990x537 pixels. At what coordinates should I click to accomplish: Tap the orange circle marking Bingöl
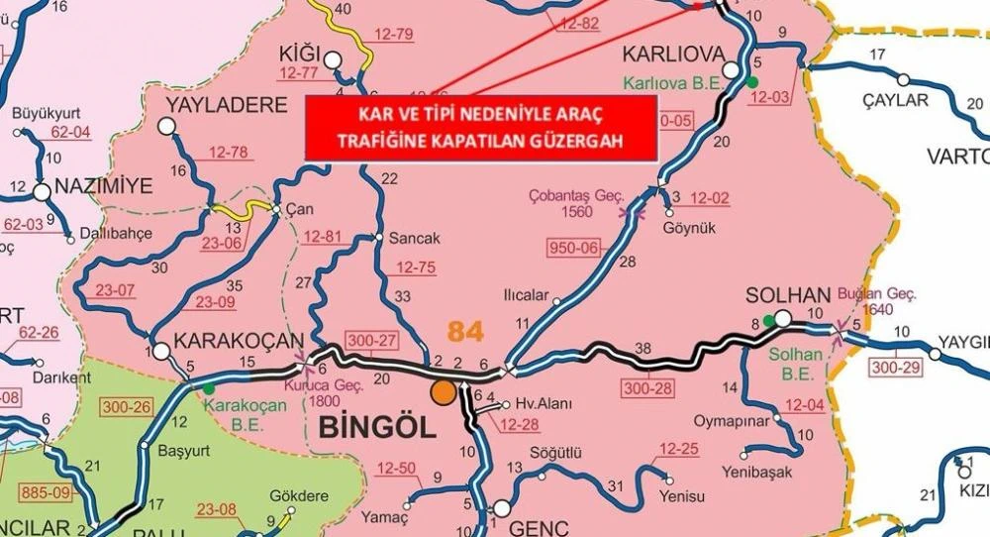pyautogui.click(x=444, y=391)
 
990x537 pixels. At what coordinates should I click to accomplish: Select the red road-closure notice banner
pyautogui.click(x=481, y=129)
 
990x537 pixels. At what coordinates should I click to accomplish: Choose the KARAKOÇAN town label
pyautogui.click(x=234, y=342)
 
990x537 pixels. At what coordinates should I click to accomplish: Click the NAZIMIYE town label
pyautogui.click(x=105, y=185)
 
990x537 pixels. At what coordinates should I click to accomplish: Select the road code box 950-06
pyautogui.click(x=573, y=247)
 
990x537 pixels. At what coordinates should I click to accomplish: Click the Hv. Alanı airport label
pyautogui.click(x=539, y=404)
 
